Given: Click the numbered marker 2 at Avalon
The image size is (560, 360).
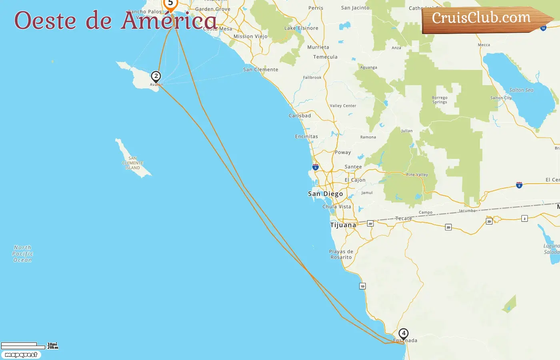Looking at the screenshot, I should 156,76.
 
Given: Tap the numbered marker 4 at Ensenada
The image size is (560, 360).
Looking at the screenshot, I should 404,333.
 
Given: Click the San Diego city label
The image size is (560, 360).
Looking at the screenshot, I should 325,194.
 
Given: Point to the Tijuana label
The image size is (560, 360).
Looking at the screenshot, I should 343,225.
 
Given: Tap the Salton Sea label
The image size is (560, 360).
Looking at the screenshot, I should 521,90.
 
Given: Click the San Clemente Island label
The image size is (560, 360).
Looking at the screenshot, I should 133,163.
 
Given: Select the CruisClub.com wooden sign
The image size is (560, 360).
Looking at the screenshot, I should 484,19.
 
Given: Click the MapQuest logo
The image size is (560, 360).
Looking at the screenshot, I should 21,355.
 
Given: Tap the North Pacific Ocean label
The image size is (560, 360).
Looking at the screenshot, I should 22,254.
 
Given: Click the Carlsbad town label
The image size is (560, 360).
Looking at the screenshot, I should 300,116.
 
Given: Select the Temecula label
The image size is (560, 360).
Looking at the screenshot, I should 325,57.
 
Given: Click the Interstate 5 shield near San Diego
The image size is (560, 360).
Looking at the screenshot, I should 316,167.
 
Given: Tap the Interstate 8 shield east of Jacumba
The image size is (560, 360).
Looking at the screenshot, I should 519,185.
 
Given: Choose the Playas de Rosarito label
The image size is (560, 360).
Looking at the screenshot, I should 341,254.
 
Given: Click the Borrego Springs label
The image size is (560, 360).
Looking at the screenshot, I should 440,100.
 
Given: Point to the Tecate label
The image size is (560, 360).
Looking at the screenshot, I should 403,218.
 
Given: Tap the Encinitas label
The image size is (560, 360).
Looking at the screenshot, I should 306,137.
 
